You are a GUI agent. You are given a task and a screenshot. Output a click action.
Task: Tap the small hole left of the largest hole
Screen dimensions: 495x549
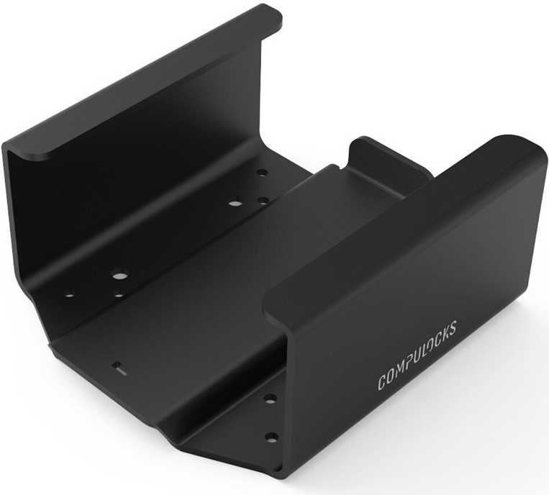tap(70, 294)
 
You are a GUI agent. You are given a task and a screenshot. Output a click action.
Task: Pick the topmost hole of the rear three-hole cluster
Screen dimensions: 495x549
tap(262, 173)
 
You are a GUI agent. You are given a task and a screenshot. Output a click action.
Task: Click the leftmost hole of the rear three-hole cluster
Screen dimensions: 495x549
tap(235, 203)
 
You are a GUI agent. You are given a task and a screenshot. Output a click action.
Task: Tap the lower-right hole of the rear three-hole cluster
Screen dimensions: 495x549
tap(263, 201)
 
